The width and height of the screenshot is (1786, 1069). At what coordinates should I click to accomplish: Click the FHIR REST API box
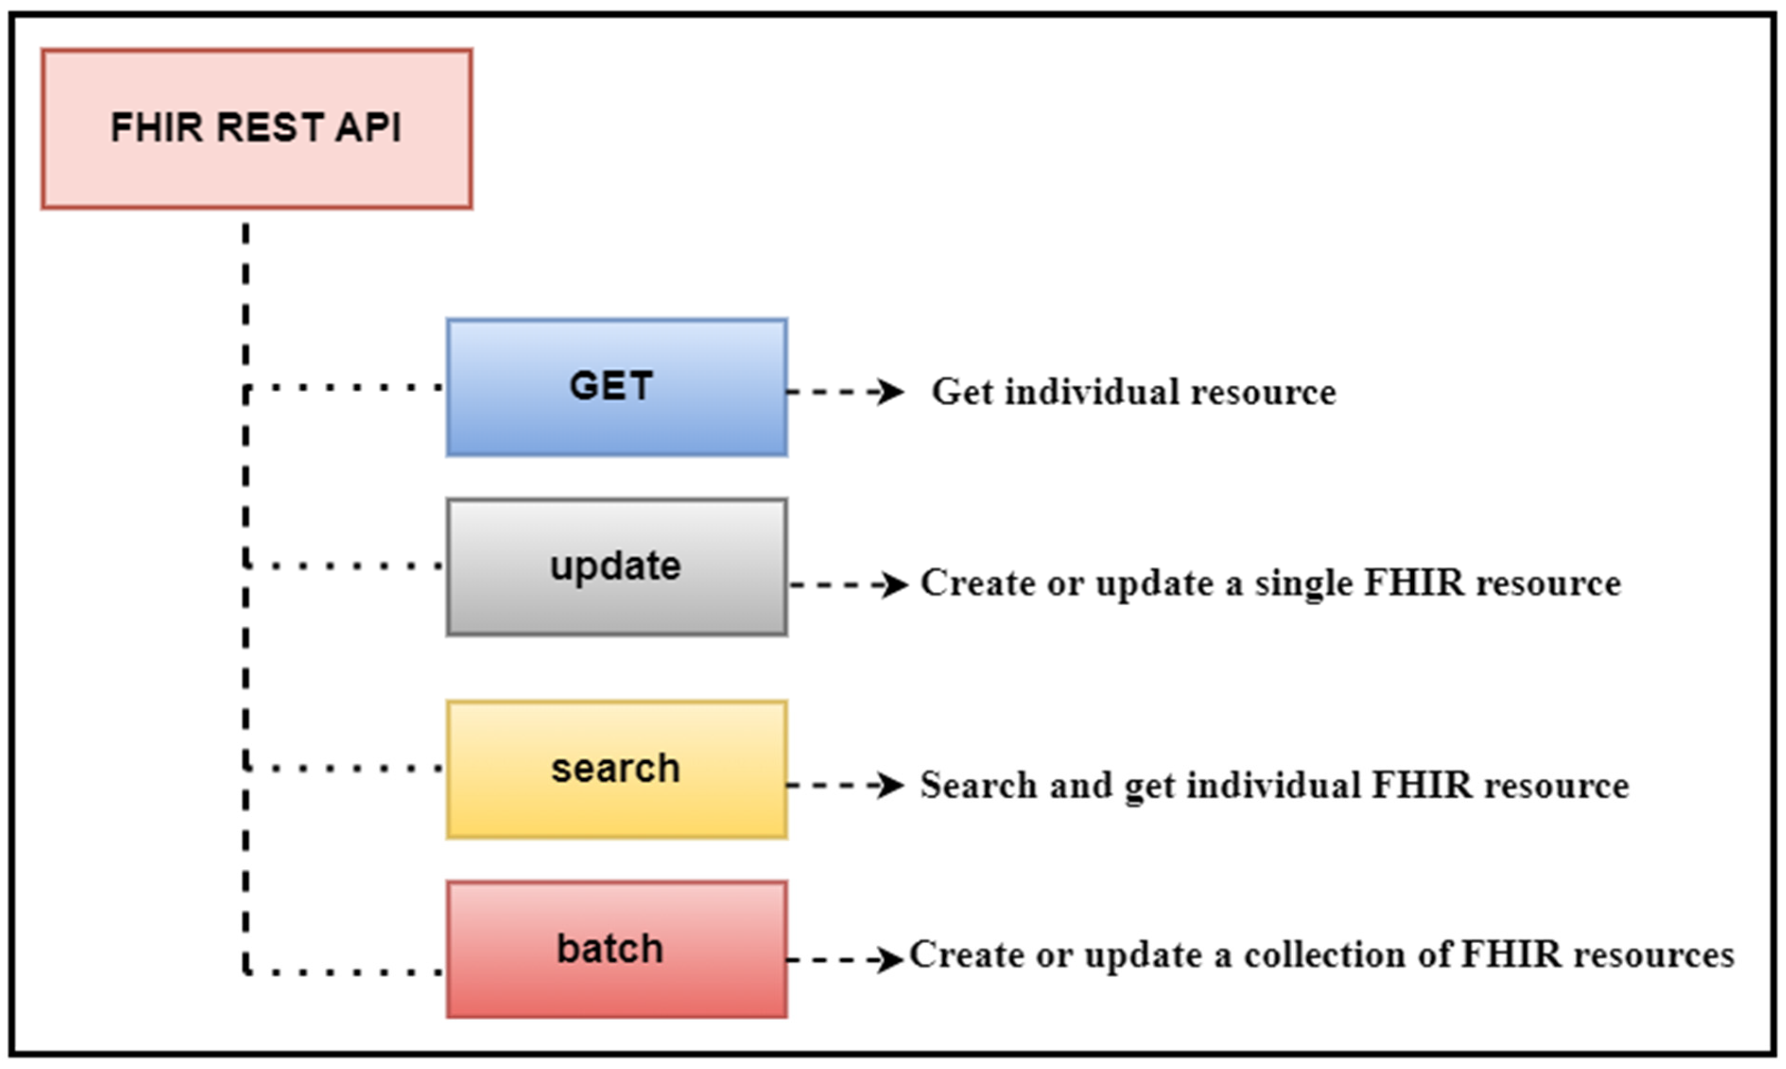[x=256, y=129]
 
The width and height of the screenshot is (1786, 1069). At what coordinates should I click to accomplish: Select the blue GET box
[x=616, y=388]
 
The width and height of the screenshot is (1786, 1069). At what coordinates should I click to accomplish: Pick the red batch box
[x=616, y=949]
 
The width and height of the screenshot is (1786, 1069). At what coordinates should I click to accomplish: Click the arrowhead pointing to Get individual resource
[x=890, y=392]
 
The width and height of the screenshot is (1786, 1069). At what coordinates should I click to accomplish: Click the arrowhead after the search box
[x=890, y=785]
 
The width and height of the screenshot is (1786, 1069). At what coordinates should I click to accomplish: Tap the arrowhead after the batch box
[x=890, y=959]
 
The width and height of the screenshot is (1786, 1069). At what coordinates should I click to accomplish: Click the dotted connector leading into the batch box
[x=345, y=973]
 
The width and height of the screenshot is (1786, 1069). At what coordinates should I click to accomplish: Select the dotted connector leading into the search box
[x=345, y=768]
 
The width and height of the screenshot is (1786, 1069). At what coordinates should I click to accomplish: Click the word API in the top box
[x=367, y=128]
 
